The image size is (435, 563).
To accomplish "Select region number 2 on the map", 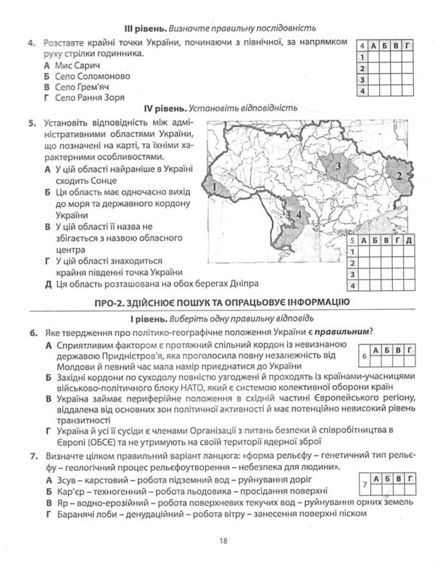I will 399,174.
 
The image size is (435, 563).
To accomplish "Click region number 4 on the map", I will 297,215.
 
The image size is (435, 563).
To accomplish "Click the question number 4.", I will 32,46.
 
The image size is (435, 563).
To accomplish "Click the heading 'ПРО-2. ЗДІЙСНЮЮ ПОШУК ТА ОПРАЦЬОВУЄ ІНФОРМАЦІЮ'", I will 217,302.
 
